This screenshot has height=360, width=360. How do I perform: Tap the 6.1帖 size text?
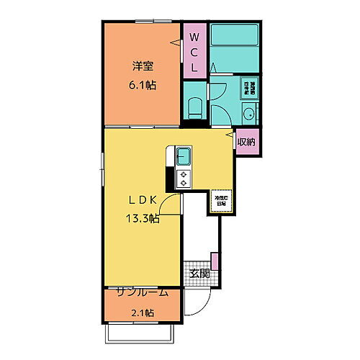[x=143, y=85]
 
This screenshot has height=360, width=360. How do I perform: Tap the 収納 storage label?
[x=246, y=142]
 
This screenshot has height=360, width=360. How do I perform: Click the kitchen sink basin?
[x=183, y=155]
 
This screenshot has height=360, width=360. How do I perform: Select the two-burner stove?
[x=183, y=177]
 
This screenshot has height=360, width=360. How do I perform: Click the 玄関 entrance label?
[x=200, y=273]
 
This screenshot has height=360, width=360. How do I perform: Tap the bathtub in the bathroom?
[x=234, y=36]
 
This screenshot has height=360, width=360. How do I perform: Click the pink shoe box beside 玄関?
[x=214, y=260]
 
